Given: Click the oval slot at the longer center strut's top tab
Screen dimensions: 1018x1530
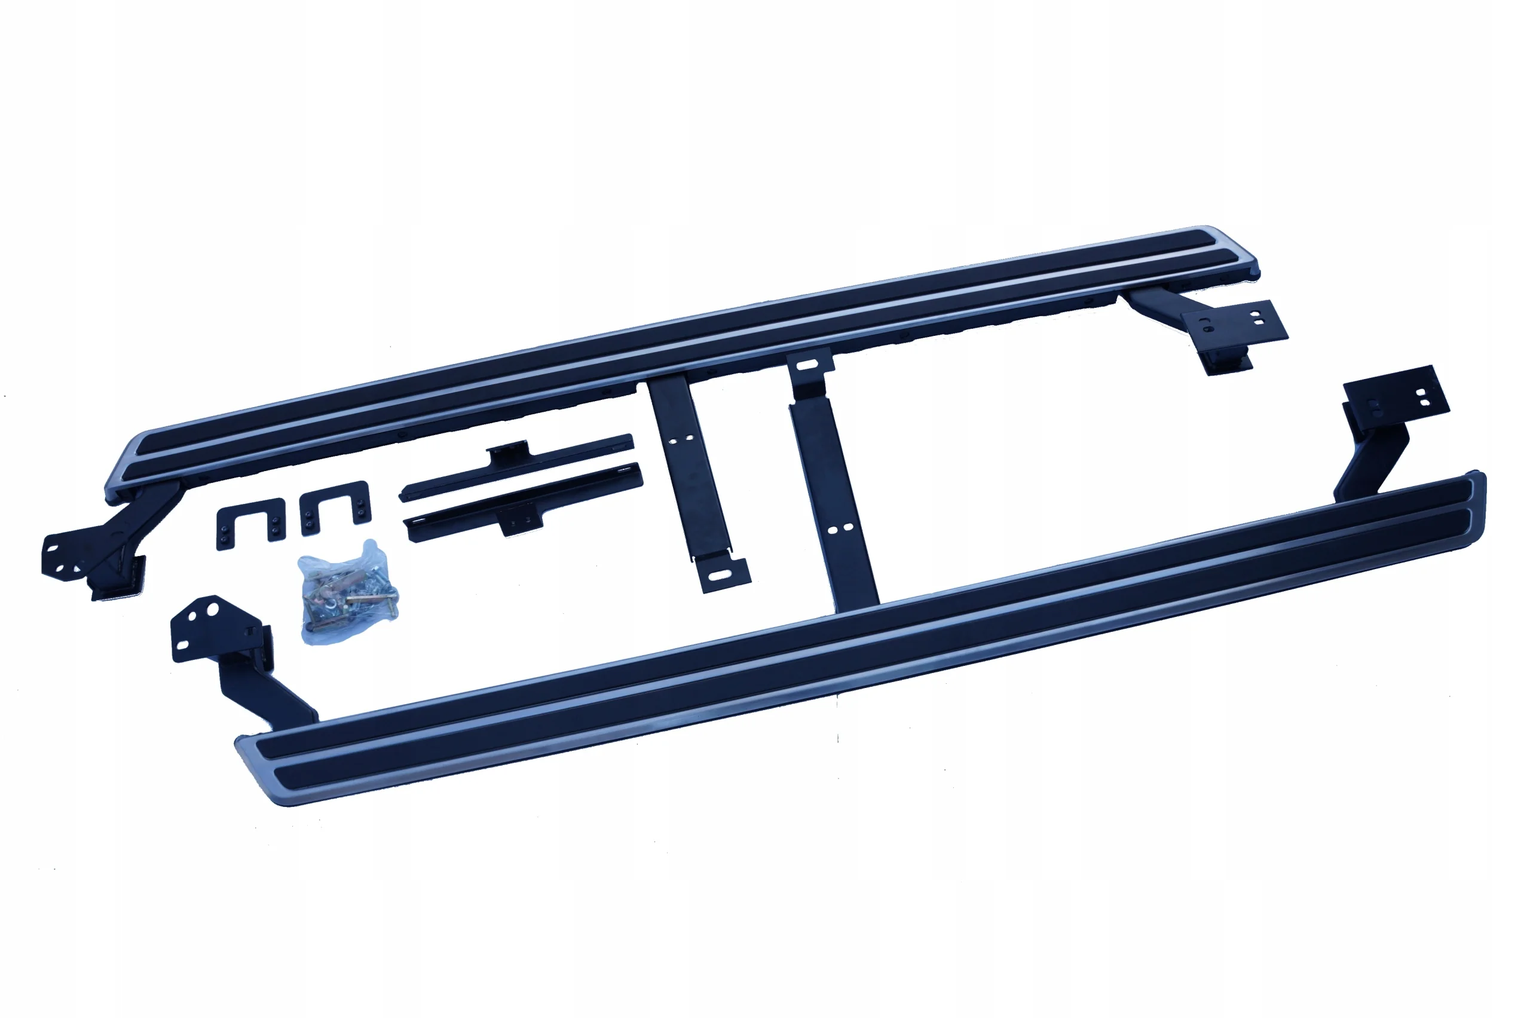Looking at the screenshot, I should point(807,365).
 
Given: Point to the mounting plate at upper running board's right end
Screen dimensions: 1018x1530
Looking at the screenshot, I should point(1234,325).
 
